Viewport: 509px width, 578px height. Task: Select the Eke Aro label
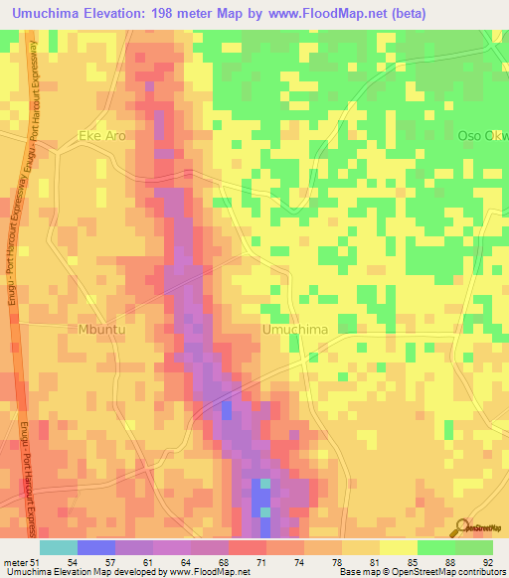pyautogui.click(x=102, y=135)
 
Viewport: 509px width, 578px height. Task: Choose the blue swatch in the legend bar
pyautogui.click(x=95, y=547)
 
